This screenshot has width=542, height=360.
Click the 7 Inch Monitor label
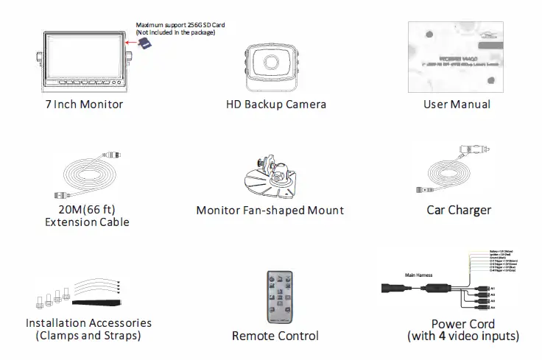pyautogui.click(x=82, y=104)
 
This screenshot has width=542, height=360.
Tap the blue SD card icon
pyautogui.click(x=146, y=46)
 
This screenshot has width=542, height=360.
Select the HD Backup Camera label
pyautogui.click(x=276, y=104)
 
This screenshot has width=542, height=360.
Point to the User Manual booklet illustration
pyautogui.click(x=449, y=56)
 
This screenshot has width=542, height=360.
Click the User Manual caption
pyautogui.click(x=457, y=104)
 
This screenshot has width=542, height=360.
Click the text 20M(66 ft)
pyautogui.click(x=86, y=211)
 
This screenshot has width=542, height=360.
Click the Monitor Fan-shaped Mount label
pyautogui.click(x=270, y=210)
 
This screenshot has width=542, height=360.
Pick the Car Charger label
pyautogui.click(x=458, y=210)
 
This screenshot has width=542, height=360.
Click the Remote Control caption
pyautogui.click(x=275, y=336)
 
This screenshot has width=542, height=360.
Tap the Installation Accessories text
pyautogui.click(x=88, y=323)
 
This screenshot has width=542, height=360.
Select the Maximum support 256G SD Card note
pyautogui.click(x=180, y=29)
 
